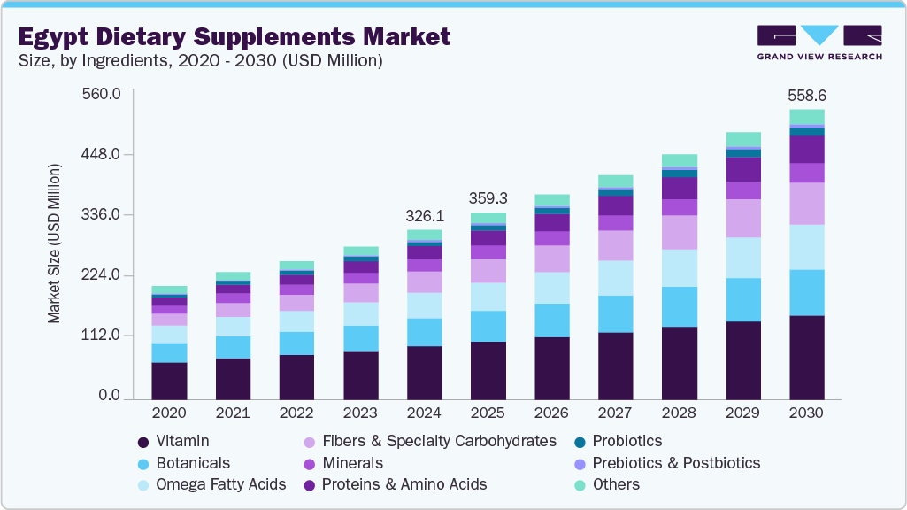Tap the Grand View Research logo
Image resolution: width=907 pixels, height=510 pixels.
(819, 42)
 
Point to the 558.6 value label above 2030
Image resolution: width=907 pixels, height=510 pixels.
(806, 95)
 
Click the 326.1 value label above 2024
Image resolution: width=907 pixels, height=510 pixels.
(424, 215)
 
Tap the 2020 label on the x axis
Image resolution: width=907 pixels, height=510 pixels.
(169, 413)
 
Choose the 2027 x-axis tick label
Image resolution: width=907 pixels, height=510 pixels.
(615, 413)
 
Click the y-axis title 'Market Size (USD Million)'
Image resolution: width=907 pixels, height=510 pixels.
(55, 243)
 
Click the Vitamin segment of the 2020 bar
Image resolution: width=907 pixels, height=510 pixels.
(169, 380)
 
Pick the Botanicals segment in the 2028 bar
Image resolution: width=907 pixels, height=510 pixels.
(679, 306)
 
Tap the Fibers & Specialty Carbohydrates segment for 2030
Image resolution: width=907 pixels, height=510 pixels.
(806, 204)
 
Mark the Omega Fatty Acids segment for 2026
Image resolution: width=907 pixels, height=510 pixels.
(551, 288)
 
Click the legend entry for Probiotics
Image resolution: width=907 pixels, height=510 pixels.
(626, 441)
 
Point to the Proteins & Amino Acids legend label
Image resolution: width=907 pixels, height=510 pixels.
(404, 484)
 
